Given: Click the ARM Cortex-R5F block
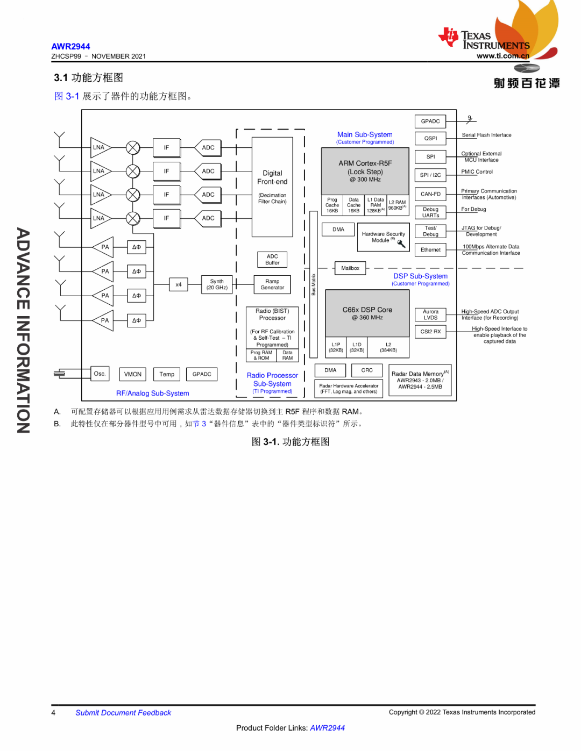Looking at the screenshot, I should point(365,171).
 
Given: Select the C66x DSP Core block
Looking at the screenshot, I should point(367,313).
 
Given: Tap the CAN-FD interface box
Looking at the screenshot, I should point(430,194).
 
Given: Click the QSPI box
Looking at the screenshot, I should point(430,138).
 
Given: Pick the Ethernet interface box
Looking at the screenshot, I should point(430,250).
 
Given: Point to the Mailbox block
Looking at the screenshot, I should point(350,268).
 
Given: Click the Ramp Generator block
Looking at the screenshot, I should point(272,284).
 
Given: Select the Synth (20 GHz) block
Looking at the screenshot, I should point(217,284).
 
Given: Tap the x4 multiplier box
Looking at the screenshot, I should point(179,284).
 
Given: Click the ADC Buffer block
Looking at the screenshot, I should point(272,260).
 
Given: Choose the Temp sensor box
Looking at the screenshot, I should point(167,374).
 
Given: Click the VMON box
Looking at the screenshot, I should point(133,374).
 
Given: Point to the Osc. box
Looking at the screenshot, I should point(100,374).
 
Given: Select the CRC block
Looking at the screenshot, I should point(367,370).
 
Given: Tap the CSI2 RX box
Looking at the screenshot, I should point(430,332).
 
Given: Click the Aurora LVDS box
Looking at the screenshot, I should point(430,314).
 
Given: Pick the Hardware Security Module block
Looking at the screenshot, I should point(384,237).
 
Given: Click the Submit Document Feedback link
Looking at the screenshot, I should point(123,713).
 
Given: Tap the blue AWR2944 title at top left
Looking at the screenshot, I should point(70,46).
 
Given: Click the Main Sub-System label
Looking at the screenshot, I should point(365,134).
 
